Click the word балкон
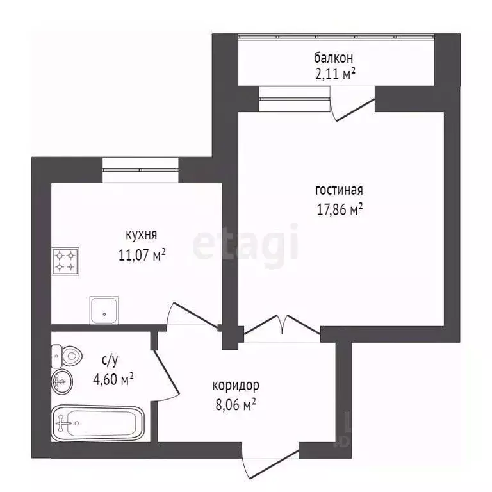click(333, 58)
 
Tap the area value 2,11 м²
click(335, 74)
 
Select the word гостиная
click(339, 190)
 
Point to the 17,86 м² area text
click(340, 209)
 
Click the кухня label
click(141, 234)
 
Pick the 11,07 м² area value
click(142, 255)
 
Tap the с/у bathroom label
click(110, 361)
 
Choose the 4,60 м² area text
click(113, 379)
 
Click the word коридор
click(236, 386)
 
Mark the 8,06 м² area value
click(236, 405)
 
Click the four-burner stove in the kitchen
click(65, 261)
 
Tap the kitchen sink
click(104, 309)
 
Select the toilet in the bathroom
click(67, 356)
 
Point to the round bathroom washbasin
click(61, 382)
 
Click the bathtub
click(97, 423)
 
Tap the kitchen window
click(140, 170)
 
